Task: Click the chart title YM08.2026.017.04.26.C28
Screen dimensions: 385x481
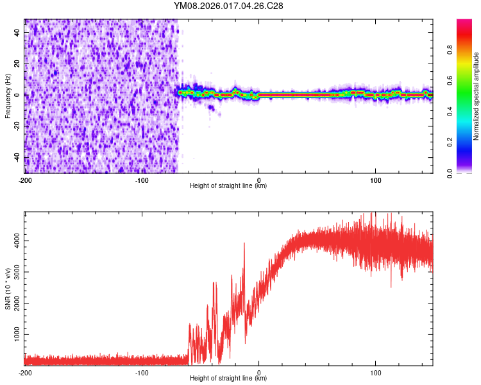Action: tap(228, 6)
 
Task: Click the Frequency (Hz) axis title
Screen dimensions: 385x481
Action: tap(8, 96)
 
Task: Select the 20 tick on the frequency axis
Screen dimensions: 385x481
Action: tap(18, 64)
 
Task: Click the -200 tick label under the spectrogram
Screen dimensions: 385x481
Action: tap(25, 180)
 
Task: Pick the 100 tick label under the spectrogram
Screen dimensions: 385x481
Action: tap(376, 180)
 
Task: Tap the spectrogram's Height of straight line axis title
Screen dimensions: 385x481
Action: tap(228, 186)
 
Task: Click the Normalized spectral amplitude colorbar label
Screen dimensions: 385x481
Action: tap(477, 96)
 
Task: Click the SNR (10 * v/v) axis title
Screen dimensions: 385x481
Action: tap(8, 289)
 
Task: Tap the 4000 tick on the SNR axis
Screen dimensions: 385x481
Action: tap(14, 241)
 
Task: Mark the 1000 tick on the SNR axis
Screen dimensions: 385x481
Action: tap(14, 336)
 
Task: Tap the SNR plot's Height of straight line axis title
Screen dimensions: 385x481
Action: tap(228, 379)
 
